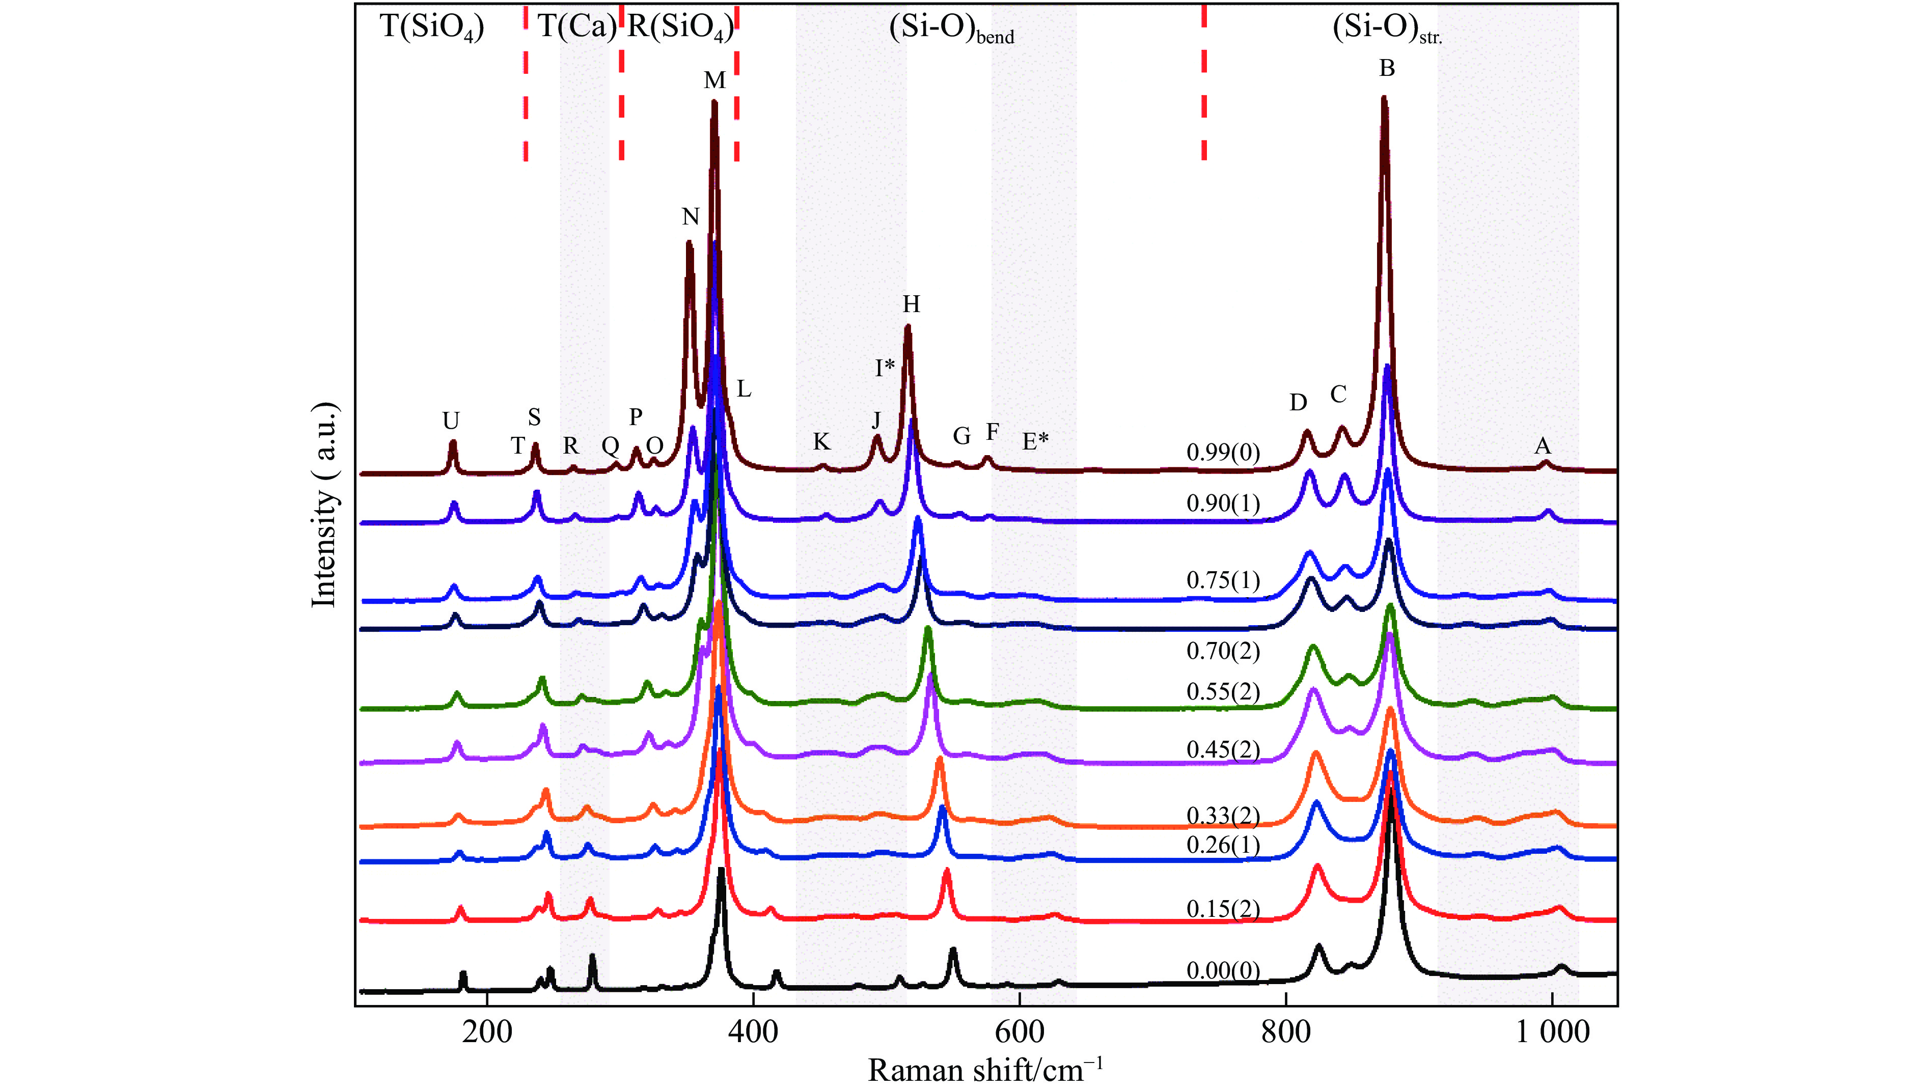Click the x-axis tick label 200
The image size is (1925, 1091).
pos(487,1032)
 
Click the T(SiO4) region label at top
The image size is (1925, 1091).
pos(432,27)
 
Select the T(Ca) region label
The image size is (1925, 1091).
pos(576,27)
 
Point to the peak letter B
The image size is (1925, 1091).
pos(1387,68)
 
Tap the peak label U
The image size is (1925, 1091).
pos(450,421)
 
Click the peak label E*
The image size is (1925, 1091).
pos(1035,441)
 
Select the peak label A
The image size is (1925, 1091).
pos(1542,446)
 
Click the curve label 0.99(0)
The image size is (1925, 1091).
pos(1223,453)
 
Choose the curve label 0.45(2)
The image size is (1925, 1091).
pos(1223,749)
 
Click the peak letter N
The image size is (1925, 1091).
pos(690,216)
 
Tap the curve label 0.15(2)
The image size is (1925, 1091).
pos(1223,909)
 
